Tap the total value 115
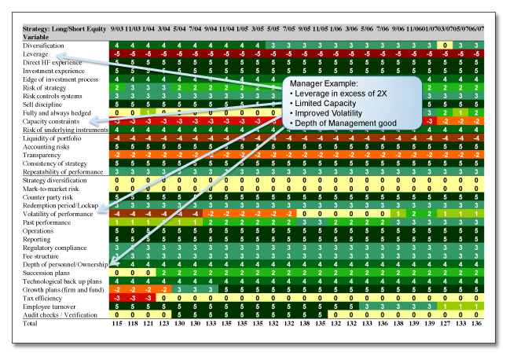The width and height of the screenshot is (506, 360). click(x=119, y=323)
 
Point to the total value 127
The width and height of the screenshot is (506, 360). click(x=445, y=323)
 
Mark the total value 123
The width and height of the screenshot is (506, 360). click(x=163, y=323)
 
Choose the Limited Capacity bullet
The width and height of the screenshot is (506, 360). click(x=326, y=105)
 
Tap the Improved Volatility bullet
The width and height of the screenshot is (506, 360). click(x=328, y=114)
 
